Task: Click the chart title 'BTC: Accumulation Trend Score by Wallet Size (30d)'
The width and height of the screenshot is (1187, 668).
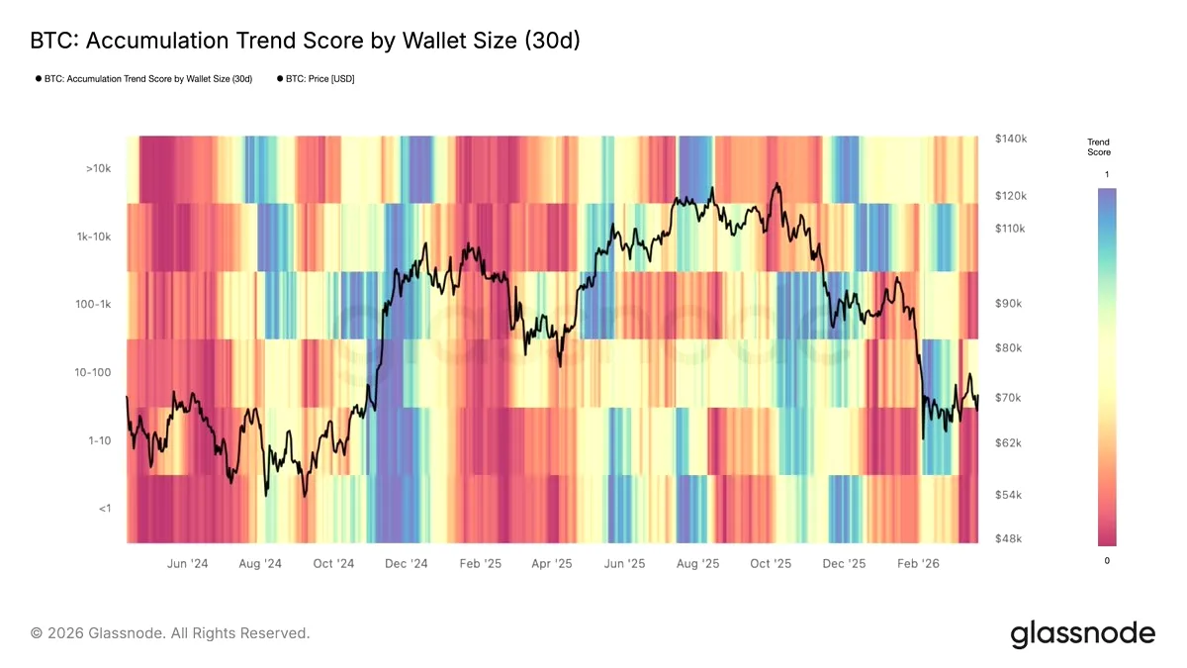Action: point(306,41)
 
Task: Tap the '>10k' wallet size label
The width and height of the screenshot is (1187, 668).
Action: point(99,168)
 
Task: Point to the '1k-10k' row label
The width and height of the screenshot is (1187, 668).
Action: point(94,237)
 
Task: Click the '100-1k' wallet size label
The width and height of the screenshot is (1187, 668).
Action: point(93,305)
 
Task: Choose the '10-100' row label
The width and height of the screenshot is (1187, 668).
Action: point(93,373)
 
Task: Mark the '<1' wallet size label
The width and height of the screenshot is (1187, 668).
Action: point(105,509)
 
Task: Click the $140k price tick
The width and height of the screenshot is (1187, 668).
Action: point(1011,139)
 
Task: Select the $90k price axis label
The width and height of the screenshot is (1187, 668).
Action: point(1008,304)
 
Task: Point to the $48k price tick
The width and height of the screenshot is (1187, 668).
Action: point(1008,538)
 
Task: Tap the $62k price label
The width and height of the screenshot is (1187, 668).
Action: point(1008,442)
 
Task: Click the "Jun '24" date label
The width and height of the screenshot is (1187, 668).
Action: point(188,563)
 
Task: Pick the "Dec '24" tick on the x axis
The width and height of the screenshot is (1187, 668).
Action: point(407,563)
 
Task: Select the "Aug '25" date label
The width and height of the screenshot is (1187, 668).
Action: point(698,563)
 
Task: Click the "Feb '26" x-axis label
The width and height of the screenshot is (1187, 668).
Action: point(918,563)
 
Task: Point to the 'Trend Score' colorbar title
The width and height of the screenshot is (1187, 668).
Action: point(1099,146)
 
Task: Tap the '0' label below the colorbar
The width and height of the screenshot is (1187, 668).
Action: point(1107,561)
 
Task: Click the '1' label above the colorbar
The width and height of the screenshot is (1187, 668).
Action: point(1107,174)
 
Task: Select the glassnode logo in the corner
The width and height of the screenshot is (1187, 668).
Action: point(1082,634)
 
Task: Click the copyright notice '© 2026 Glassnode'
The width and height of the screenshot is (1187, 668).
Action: point(98,633)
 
